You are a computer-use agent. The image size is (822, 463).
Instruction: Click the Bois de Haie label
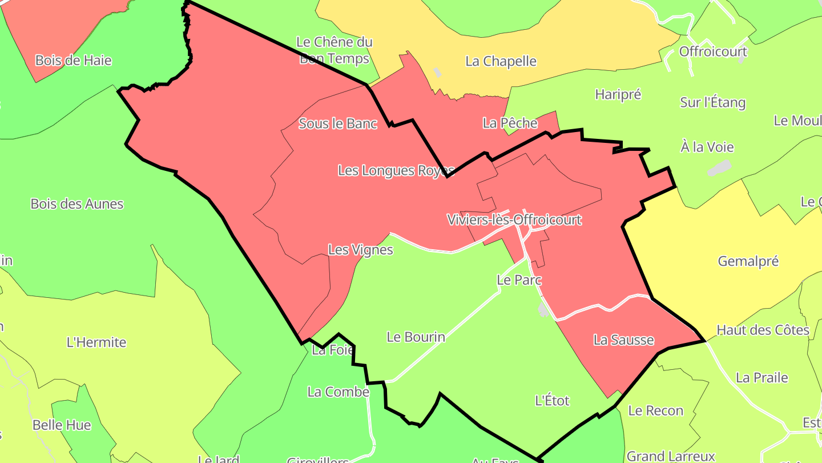[73, 60]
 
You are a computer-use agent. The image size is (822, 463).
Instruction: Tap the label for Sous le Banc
[338, 123]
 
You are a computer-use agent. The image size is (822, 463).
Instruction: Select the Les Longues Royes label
[396, 170]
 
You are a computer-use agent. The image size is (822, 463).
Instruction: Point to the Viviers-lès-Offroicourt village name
[514, 219]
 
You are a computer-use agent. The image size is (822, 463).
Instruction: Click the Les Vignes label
[361, 250]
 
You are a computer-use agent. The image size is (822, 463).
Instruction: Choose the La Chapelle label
[501, 61]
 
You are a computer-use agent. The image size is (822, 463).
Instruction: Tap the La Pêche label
[510, 123]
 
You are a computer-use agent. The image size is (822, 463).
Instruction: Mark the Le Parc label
[519, 280]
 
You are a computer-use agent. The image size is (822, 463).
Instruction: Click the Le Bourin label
[416, 337]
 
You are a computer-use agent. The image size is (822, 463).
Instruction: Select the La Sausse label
[623, 340]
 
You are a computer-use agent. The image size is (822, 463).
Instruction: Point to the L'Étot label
[552, 401]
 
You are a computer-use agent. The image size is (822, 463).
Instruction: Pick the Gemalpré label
[748, 261]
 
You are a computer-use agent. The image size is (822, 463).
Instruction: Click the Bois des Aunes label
[76, 204]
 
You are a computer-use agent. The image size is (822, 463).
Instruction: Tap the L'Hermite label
[96, 342]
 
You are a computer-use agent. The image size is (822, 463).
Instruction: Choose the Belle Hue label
[62, 425]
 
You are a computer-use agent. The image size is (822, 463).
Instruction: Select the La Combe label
[338, 392]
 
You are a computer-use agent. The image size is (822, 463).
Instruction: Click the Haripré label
[618, 94]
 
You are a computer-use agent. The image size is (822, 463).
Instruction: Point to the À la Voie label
[707, 147]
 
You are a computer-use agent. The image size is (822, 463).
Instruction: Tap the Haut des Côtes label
[763, 330]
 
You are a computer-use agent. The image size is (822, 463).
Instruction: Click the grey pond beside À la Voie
[719, 168]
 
